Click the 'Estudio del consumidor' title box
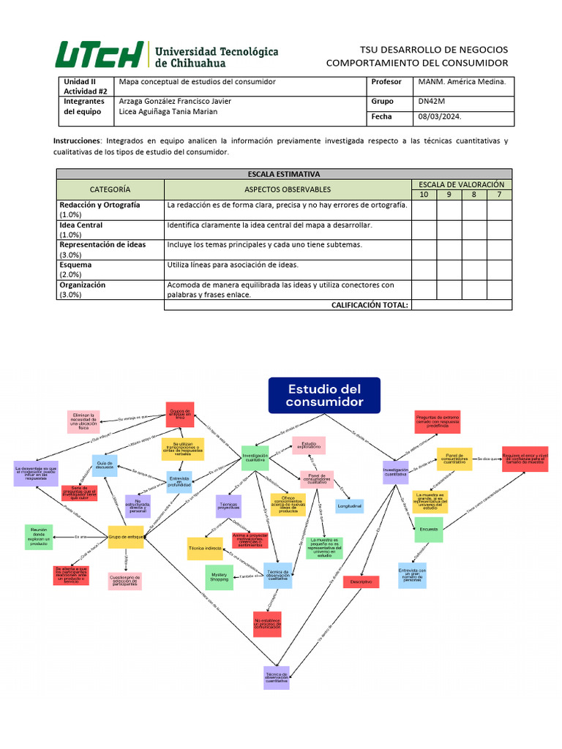pyautogui.click(x=324, y=395)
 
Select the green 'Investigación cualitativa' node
pyautogui.click(x=255, y=458)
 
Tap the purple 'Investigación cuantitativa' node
pyautogui.click(x=395, y=472)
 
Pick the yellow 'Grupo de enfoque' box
pyautogui.click(x=126, y=537)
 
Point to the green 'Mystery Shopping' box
pyautogui.click(x=220, y=577)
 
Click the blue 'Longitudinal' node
pyautogui.click(x=349, y=506)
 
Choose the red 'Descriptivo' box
pyautogui.click(x=361, y=582)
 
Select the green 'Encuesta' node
pyautogui.click(x=428, y=529)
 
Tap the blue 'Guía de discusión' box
pyautogui.click(x=104, y=465)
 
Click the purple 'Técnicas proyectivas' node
pyautogui.click(x=229, y=505)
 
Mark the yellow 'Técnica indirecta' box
pyautogui.click(x=205, y=548)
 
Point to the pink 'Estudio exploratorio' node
pyautogui.click(x=308, y=445)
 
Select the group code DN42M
pyautogui.click(x=431, y=102)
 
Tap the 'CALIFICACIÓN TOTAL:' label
pyautogui.click(x=370, y=305)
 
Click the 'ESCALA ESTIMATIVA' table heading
pyautogui.click(x=284, y=174)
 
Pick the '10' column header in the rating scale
pyautogui.click(x=424, y=195)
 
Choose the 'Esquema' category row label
pyautogui.click(x=75, y=265)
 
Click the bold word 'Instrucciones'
pyautogui.click(x=76, y=140)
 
